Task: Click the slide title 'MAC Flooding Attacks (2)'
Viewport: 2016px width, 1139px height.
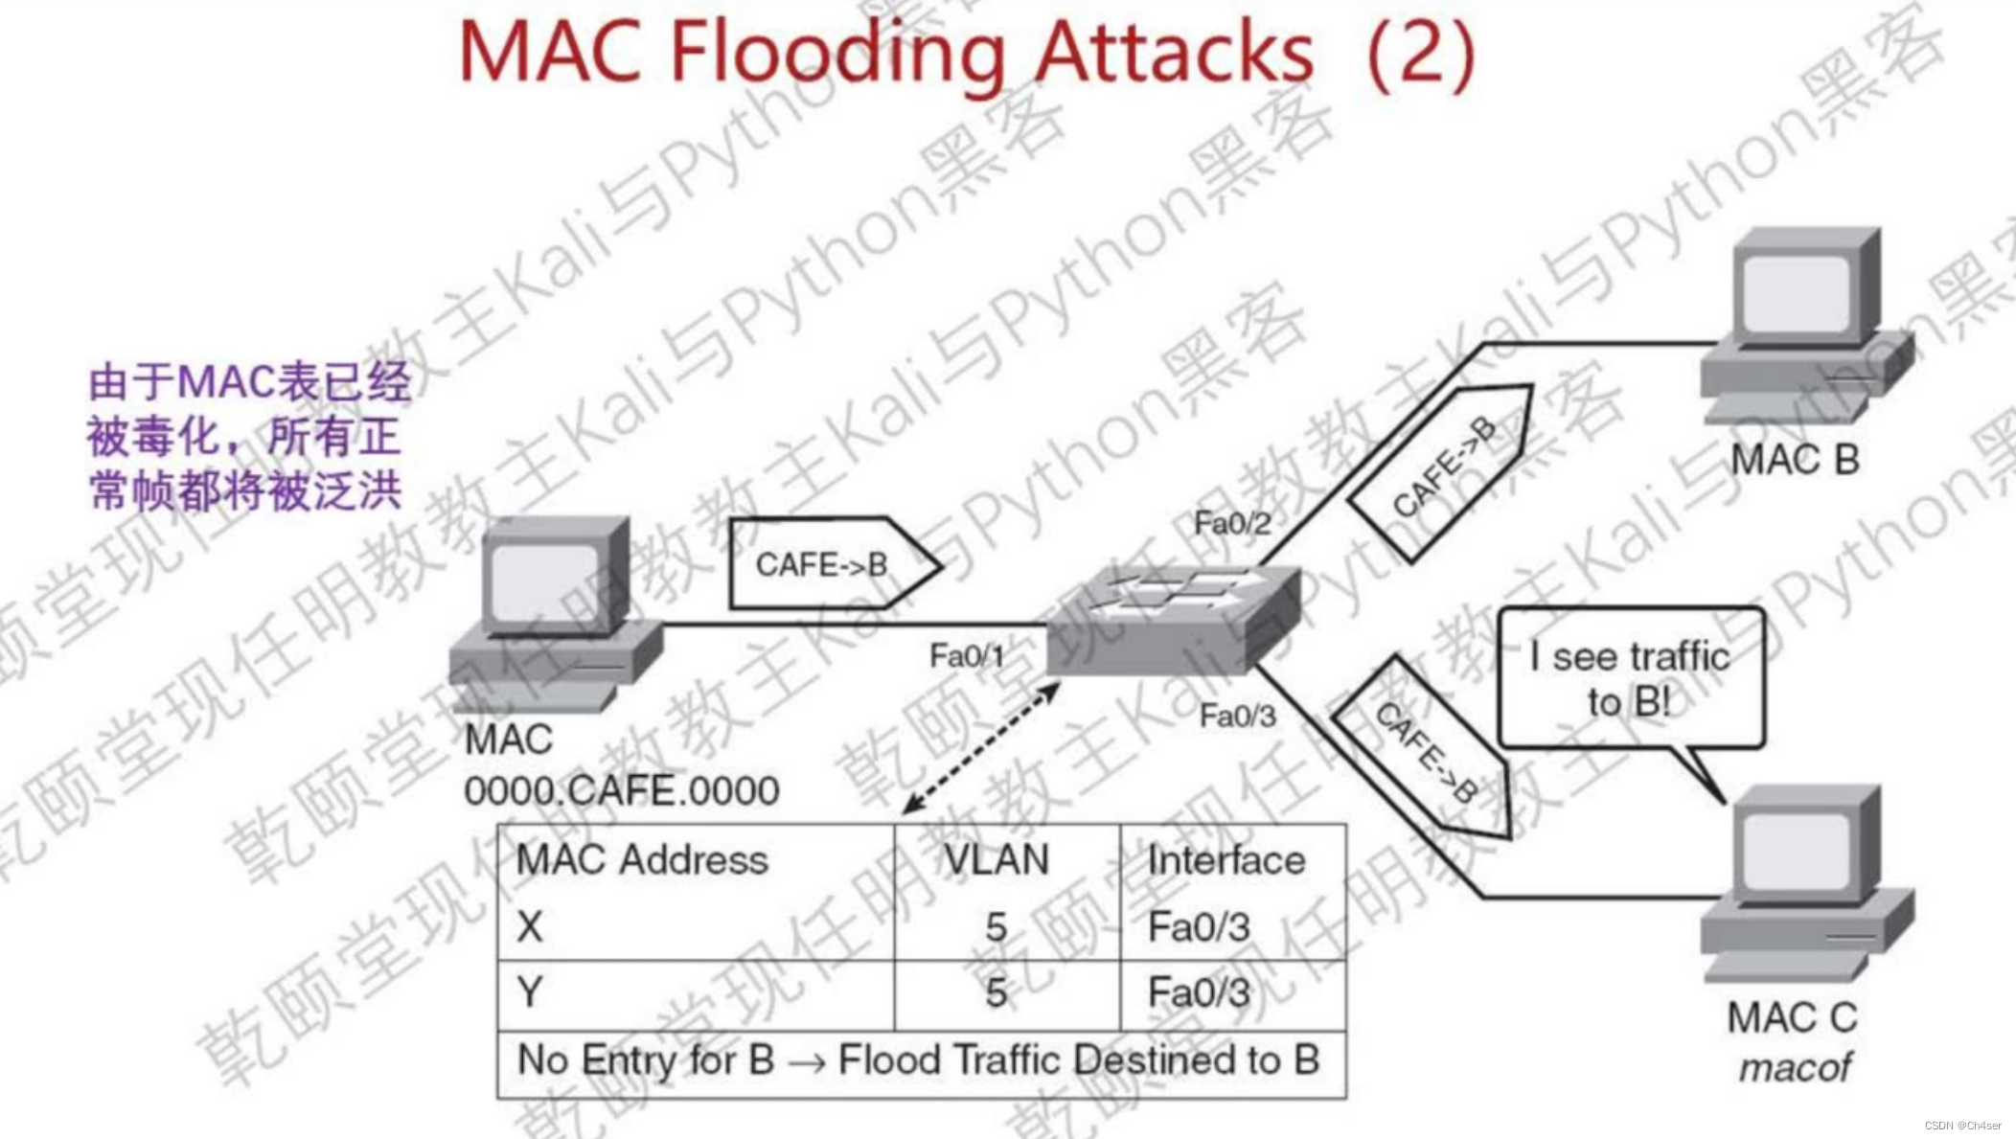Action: pos(966,52)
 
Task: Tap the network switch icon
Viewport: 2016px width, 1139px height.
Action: pos(1174,618)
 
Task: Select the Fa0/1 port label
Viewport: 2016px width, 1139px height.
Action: pos(966,656)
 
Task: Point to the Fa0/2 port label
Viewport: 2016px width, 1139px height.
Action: pos(1231,523)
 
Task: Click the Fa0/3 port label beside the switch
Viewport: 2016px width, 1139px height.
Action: pos(1237,716)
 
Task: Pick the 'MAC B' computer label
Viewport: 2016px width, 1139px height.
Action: pos(1794,460)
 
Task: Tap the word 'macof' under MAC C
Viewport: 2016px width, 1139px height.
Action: pos(1795,1067)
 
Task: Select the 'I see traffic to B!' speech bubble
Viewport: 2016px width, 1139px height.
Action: pos(1630,678)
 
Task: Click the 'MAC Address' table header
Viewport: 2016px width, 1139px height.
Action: pos(642,859)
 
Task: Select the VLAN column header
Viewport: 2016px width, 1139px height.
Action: pos(997,859)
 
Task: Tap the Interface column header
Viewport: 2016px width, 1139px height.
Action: pos(1226,859)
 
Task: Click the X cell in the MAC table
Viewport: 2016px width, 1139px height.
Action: pos(530,926)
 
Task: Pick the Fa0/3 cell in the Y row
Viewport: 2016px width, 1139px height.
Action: pos(1199,993)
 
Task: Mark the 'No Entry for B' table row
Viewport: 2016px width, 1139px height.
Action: pos(918,1060)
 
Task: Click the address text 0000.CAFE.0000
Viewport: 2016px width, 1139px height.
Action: pos(622,791)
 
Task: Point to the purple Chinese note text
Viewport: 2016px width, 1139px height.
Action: pos(247,437)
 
